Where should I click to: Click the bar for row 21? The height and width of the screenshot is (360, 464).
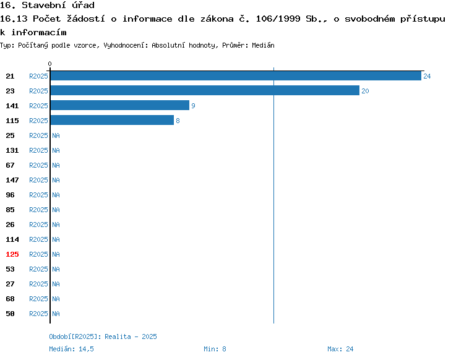(235, 76)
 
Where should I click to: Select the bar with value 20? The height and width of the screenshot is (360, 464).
(204, 91)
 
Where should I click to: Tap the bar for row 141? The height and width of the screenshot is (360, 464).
(119, 106)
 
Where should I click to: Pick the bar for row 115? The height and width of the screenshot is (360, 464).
(111, 121)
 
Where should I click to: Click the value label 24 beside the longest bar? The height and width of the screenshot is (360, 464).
(427, 76)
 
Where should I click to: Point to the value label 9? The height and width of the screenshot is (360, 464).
(193, 106)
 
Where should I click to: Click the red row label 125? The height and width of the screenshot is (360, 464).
(12, 254)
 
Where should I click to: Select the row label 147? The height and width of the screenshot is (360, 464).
(12, 180)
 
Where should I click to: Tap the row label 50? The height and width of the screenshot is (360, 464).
(10, 314)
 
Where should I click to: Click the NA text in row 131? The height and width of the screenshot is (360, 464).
(56, 150)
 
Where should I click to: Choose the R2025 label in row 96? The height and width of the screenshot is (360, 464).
(38, 195)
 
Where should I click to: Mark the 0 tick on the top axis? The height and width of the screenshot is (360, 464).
(50, 64)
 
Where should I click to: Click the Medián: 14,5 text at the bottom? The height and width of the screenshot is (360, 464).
(71, 349)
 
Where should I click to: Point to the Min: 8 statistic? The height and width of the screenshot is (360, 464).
(215, 349)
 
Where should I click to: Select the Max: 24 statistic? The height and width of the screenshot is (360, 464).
(340, 349)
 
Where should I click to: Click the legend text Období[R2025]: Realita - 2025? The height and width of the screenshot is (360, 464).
(103, 336)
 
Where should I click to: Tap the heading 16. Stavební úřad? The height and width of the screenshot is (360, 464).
(47, 6)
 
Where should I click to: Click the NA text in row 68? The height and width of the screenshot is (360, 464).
(56, 299)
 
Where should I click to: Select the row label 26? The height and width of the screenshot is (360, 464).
(10, 225)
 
